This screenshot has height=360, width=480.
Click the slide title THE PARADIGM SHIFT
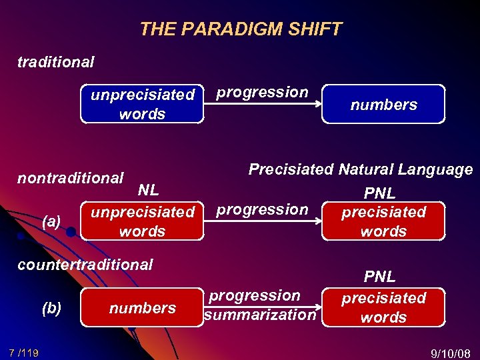tap(240, 29)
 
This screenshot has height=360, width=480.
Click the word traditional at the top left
tap(56, 62)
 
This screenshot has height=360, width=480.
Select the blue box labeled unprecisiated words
tap(142, 104)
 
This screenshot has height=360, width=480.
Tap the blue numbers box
tap(383, 105)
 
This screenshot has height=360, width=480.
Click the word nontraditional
tap(70, 178)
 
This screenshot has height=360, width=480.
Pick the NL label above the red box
tap(148, 190)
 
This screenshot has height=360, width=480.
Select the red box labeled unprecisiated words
tap(142, 221)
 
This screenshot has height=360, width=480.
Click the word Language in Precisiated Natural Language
tap(436, 169)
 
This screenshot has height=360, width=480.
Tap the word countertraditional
tap(85, 265)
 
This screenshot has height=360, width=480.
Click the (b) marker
tap(51, 308)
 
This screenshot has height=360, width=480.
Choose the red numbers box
tap(142, 308)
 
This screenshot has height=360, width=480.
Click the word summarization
tap(260, 315)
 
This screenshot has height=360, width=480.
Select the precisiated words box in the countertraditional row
tap(383, 307)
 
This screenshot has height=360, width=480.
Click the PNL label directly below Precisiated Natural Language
tap(379, 193)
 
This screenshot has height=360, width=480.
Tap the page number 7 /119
tap(23, 352)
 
